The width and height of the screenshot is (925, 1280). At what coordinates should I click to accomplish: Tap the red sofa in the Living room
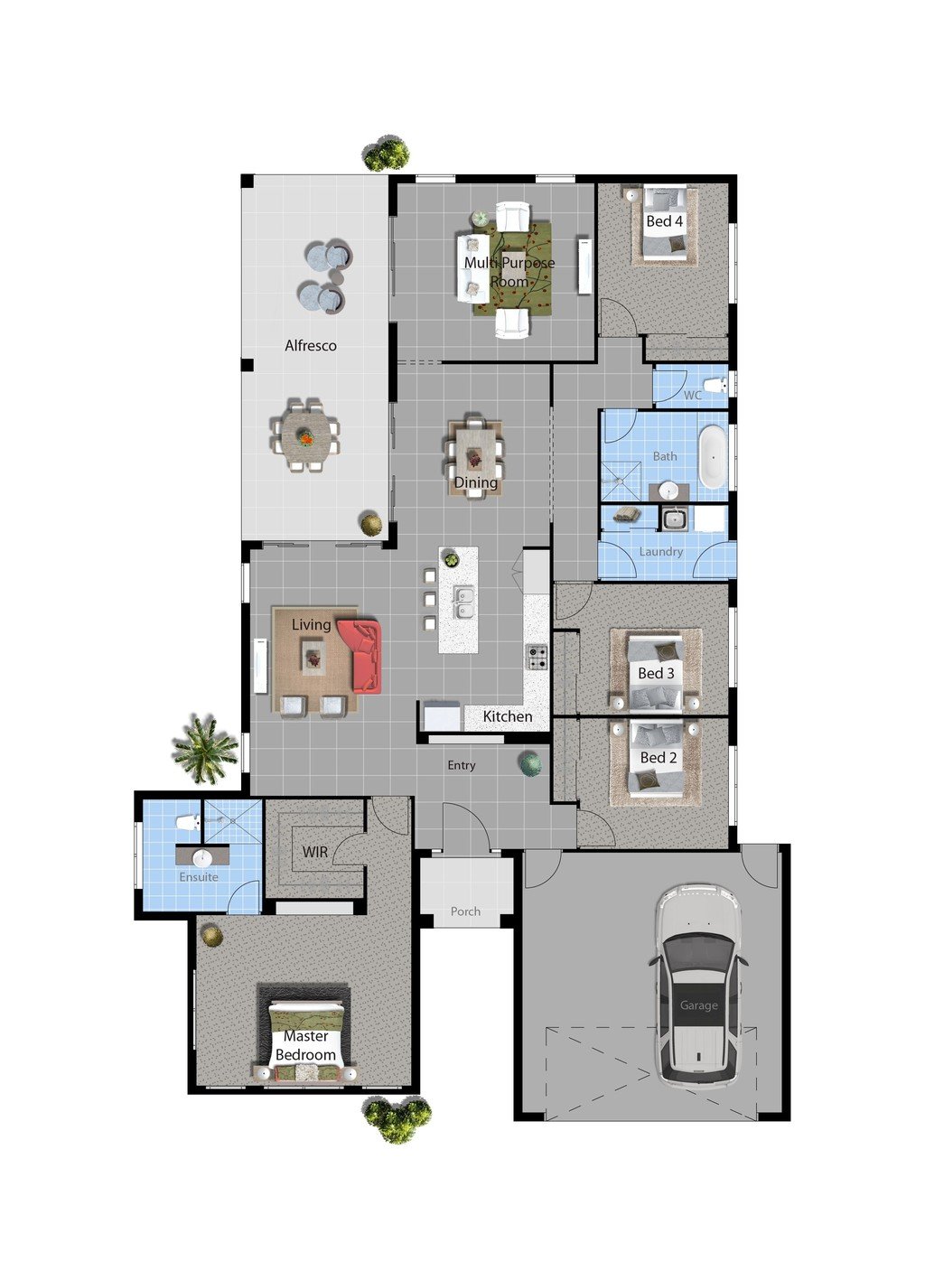coord(361,655)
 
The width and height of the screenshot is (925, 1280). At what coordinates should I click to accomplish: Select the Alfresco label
coord(311,346)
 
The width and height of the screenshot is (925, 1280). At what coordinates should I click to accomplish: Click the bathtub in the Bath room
coord(714,456)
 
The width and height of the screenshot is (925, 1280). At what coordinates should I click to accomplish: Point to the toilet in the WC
coord(716,387)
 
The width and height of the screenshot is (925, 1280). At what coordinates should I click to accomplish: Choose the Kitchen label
coord(508,716)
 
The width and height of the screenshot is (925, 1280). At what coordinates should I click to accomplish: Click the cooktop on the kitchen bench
coord(537,657)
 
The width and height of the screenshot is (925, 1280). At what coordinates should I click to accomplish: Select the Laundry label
coord(661,552)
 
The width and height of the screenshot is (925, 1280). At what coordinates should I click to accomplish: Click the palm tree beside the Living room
coord(205,749)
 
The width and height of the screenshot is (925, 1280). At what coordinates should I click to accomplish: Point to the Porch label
coord(466,911)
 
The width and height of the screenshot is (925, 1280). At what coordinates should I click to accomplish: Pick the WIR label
coord(315,852)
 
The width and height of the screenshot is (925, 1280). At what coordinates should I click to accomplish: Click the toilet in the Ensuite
coord(188,822)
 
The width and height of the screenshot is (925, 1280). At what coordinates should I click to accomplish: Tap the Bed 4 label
coord(665,221)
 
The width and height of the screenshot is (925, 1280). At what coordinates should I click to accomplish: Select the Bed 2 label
coord(659,758)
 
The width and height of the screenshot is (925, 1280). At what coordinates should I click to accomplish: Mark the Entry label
coord(462,765)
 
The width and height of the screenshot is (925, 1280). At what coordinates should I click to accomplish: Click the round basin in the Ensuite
coord(203,857)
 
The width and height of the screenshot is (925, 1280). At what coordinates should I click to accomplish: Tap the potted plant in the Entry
coord(531,764)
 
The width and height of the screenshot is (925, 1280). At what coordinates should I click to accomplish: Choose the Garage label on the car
coord(699,1005)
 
